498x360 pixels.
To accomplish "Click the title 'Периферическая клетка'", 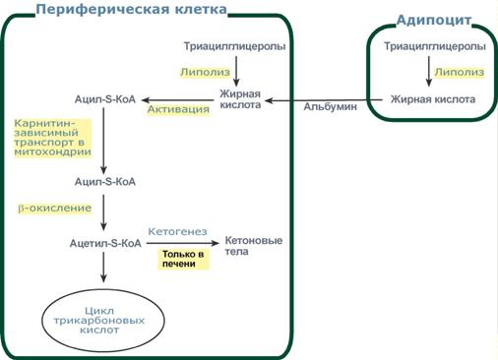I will click(x=131, y=10).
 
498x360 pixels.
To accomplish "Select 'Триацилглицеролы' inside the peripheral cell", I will click(x=235, y=46).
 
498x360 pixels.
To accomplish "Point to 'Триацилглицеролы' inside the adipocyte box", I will click(x=434, y=46).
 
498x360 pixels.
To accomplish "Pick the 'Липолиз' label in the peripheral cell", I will click(x=204, y=72).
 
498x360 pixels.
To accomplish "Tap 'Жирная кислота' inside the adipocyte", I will click(x=433, y=99).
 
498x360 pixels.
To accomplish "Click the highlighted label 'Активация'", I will click(x=179, y=109).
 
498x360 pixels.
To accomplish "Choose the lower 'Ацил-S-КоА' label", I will click(x=104, y=182).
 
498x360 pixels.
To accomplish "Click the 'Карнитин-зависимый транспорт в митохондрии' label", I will click(x=52, y=139).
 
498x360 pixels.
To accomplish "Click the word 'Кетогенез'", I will click(x=177, y=231).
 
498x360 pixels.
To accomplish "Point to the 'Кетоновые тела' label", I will click(x=253, y=246).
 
